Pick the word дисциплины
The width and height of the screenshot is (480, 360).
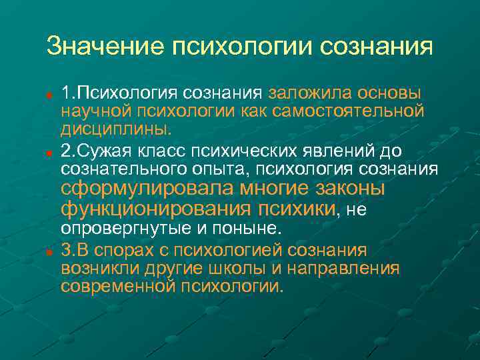pyautogui.click(x=116, y=126)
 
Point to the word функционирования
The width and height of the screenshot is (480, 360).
pyautogui.click(x=156, y=209)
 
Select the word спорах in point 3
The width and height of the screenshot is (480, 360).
pyautogui.click(x=125, y=251)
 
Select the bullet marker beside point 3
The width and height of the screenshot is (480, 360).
pyautogui.click(x=50, y=252)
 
